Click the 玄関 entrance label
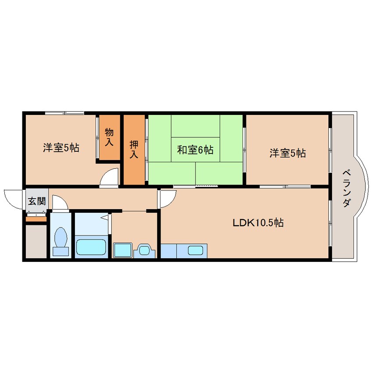[37, 201]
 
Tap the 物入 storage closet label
[109, 137]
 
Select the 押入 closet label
[134, 149]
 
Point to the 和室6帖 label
[195, 150]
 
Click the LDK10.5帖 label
[258, 223]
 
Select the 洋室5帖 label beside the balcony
[288, 153]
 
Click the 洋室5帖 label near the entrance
[61, 148]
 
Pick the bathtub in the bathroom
[91, 247]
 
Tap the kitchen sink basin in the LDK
[196, 250]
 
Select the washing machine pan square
[122, 250]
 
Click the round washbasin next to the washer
[144, 250]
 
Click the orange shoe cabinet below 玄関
[36, 219]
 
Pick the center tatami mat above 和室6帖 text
[196, 126]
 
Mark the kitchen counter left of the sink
[169, 251]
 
